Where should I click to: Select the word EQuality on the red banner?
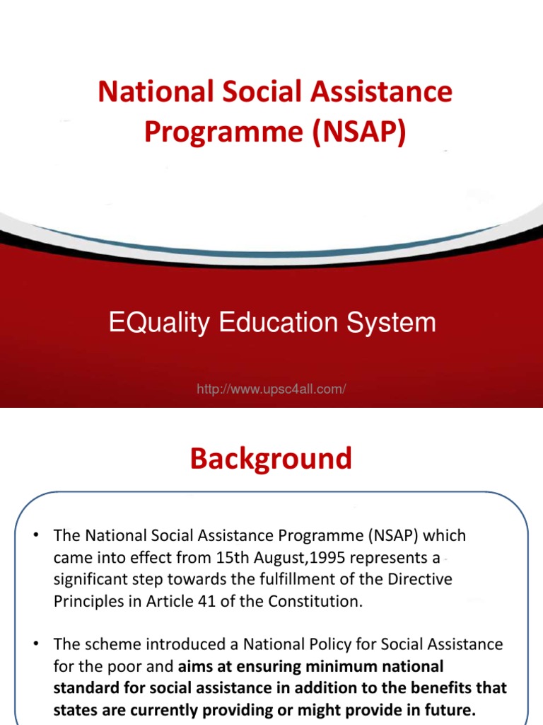click(159, 323)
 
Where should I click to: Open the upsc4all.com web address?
click(271, 389)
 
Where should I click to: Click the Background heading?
click(271, 459)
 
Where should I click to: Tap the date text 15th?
click(214, 559)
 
